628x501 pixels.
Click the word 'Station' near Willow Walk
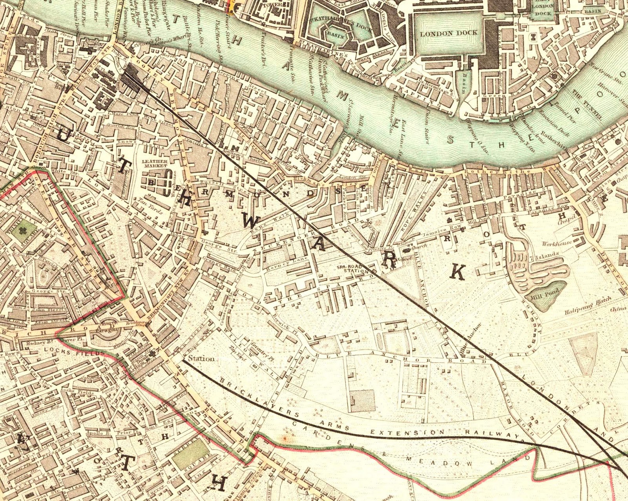(201, 358)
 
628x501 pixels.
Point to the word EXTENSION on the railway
(409, 432)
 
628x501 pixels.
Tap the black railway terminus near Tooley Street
(133, 77)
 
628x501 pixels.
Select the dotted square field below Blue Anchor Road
(362, 401)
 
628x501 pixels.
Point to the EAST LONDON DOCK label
(543, 9)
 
